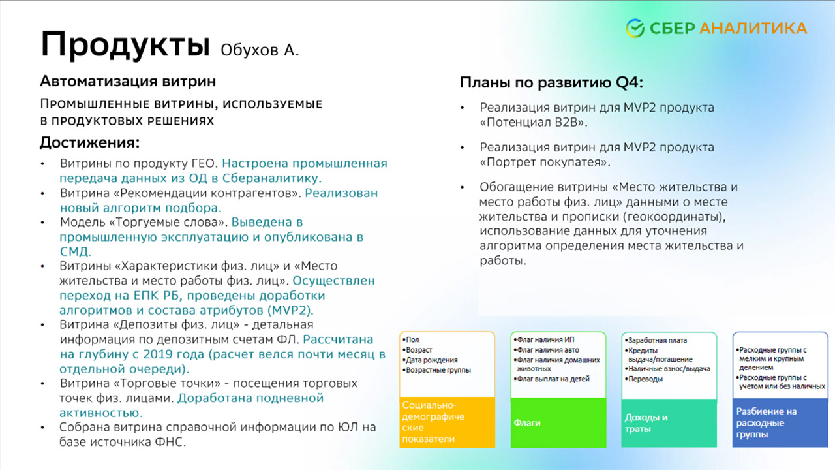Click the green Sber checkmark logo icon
pos(635,28)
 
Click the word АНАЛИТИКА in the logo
pos(753,28)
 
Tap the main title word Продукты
pos(125,44)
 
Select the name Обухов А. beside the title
pos(260,50)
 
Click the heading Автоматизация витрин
pos(128,81)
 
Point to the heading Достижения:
pos(90,142)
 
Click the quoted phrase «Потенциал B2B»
pos(534,122)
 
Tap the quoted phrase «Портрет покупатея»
pos(545,163)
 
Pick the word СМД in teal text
pos(75,251)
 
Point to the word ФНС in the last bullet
pos(170,442)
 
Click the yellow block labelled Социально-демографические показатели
pos(447,422)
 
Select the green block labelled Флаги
pos(558,422)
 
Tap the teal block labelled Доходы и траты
pos(669,423)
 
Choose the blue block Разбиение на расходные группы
pos(780,422)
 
